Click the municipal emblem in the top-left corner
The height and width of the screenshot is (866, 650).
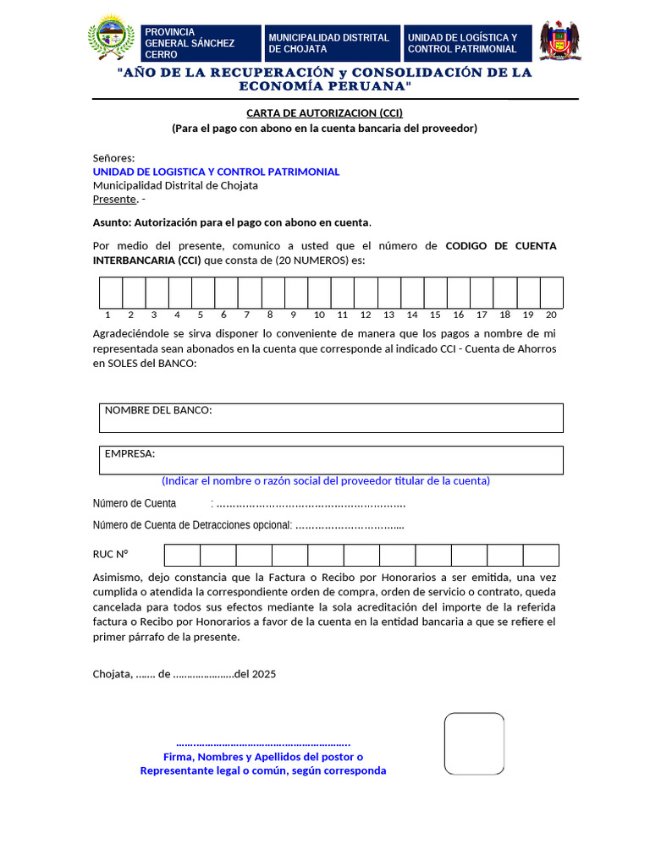pyautogui.click(x=111, y=40)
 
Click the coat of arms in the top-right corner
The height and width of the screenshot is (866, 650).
pyautogui.click(x=559, y=41)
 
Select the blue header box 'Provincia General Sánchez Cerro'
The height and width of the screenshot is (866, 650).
pyautogui.click(x=201, y=43)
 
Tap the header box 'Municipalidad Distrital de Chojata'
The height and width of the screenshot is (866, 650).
pyautogui.click(x=331, y=43)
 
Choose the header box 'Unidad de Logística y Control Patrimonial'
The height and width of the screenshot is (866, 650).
pyautogui.click(x=468, y=43)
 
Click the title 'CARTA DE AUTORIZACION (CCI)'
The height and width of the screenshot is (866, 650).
pyautogui.click(x=324, y=112)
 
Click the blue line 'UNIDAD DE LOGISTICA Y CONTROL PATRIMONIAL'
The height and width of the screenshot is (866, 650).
pyautogui.click(x=216, y=172)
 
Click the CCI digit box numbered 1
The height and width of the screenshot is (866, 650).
pyautogui.click(x=111, y=293)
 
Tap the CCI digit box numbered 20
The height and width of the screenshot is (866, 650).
pyautogui.click(x=552, y=293)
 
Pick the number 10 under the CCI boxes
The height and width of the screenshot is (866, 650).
pyautogui.click(x=319, y=315)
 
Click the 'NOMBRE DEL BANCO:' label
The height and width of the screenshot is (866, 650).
pyautogui.click(x=158, y=410)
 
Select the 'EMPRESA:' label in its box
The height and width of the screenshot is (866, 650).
pyautogui.click(x=129, y=453)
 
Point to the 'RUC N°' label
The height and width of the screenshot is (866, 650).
pyautogui.click(x=110, y=555)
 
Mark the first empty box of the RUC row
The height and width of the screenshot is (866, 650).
pyautogui.click(x=182, y=555)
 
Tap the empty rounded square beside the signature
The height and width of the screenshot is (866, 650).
pyautogui.click(x=474, y=743)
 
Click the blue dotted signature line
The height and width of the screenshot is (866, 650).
pyautogui.click(x=263, y=743)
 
